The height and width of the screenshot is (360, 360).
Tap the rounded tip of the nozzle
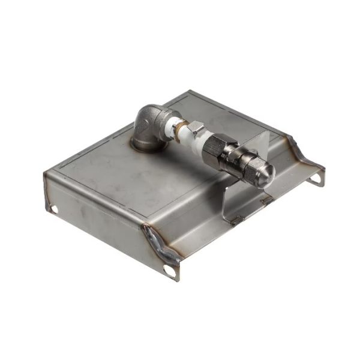[x=268, y=172]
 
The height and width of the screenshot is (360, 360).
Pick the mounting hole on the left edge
[x=54, y=208]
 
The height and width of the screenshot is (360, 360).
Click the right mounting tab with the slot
[x=313, y=174]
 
